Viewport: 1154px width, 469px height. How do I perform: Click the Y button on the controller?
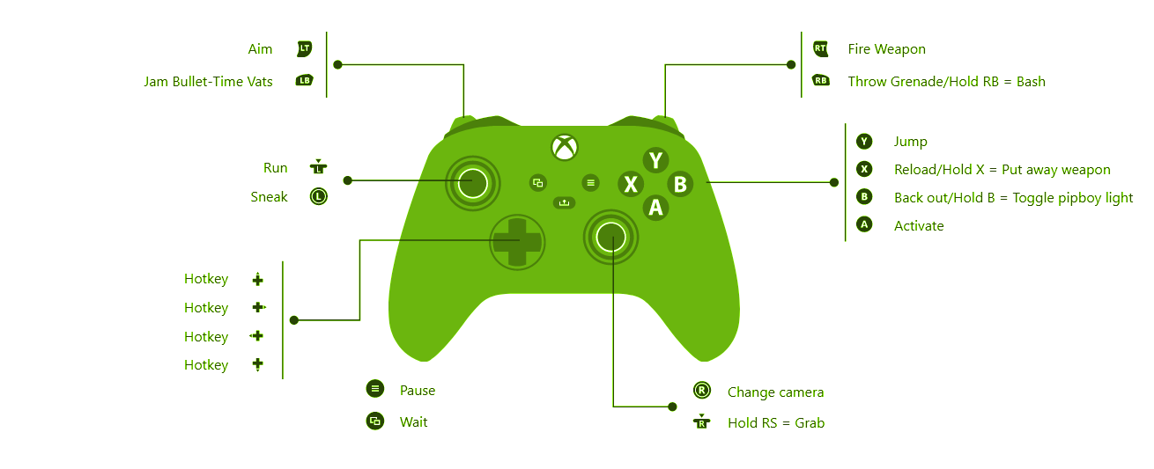pyautogui.click(x=655, y=160)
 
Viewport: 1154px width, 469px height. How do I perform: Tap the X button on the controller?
pyautogui.click(x=631, y=184)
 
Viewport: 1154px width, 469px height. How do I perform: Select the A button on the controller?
pyautogui.click(x=655, y=208)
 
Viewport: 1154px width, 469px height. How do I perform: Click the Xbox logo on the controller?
pyautogui.click(x=564, y=147)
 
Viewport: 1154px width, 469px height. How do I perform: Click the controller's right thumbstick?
pyautogui.click(x=610, y=236)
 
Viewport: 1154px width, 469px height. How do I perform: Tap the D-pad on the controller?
pyautogui.click(x=517, y=241)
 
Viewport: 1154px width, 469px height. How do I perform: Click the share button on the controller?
pyautogui.click(x=564, y=203)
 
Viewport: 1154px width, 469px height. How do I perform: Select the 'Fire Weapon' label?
pyautogui.click(x=886, y=49)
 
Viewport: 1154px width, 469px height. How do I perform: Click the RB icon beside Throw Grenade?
pyautogui.click(x=821, y=81)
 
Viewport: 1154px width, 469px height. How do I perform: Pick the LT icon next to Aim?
pyautogui.click(x=305, y=49)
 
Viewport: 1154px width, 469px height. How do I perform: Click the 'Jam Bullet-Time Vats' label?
pyautogui.click(x=209, y=82)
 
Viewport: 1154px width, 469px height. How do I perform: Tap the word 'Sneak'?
pyautogui.click(x=269, y=197)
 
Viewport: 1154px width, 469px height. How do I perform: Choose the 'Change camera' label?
pyautogui.click(x=775, y=392)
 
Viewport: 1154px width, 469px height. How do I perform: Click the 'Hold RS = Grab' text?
pyautogui.click(x=775, y=423)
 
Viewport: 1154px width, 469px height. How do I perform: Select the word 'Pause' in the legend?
pyautogui.click(x=418, y=391)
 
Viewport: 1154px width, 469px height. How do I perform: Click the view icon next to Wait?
pyautogui.click(x=375, y=421)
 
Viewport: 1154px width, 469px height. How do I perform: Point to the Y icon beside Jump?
pyautogui.click(x=863, y=141)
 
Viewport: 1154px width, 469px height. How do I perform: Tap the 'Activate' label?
pyautogui.click(x=919, y=226)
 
